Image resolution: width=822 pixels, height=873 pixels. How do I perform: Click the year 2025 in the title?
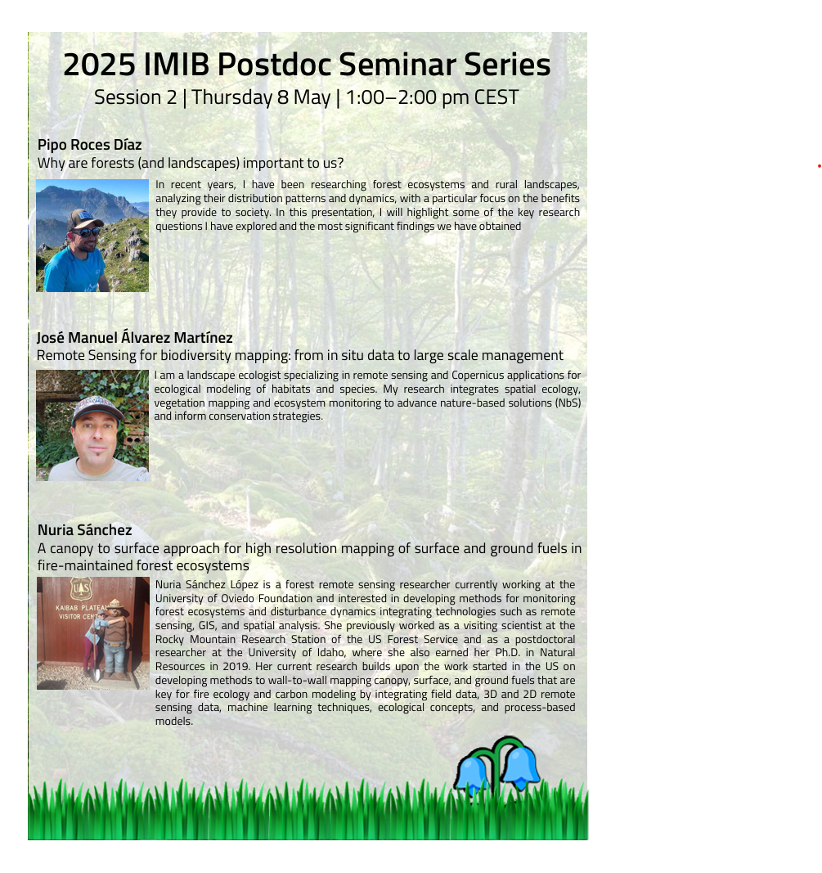tap(100, 65)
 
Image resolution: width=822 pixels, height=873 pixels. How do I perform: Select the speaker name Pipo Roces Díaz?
tap(90, 145)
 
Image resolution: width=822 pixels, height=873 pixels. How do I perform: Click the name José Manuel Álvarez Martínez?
tap(135, 337)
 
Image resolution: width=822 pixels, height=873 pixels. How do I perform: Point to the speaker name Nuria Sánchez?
tap(84, 530)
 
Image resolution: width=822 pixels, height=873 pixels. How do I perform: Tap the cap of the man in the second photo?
tap(97, 408)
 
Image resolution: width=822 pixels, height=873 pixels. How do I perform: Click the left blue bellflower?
tap(473, 773)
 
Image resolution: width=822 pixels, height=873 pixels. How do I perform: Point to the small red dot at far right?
tap(820, 166)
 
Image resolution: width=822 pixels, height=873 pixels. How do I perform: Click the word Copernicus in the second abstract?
tap(478, 376)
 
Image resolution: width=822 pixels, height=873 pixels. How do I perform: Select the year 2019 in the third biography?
tap(236, 667)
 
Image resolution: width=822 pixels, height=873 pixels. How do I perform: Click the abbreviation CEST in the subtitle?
tap(496, 97)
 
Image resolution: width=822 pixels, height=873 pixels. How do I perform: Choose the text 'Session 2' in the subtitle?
tap(135, 97)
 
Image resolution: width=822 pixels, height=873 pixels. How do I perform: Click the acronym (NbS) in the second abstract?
tap(568, 403)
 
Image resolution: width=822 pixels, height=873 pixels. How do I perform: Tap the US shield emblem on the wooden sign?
tap(81, 588)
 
